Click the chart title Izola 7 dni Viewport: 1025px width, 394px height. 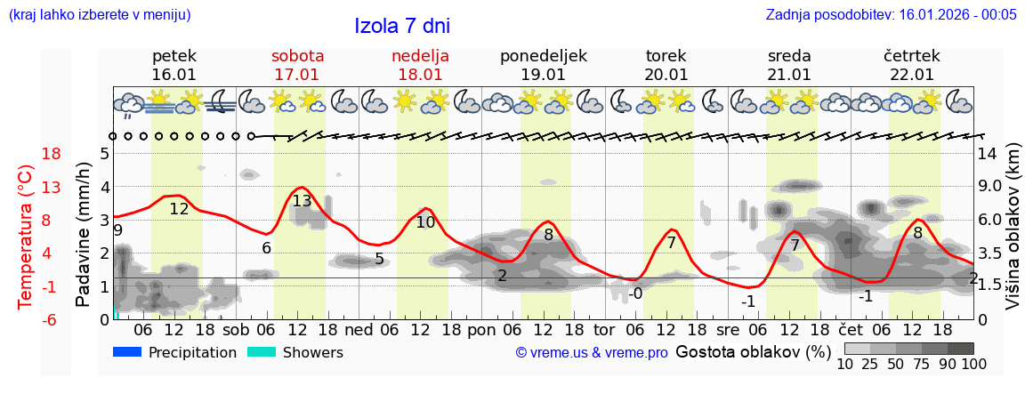click(x=401, y=26)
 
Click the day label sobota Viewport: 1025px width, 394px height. click(x=297, y=56)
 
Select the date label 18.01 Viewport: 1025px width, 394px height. click(x=420, y=75)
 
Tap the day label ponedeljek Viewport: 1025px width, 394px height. click(x=543, y=56)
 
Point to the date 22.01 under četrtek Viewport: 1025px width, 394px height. click(x=912, y=75)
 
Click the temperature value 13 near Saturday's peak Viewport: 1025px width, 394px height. click(x=302, y=201)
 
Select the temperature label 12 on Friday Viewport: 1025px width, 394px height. click(x=179, y=210)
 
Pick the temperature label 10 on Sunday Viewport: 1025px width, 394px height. click(x=425, y=222)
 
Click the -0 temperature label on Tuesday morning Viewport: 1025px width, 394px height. click(x=634, y=294)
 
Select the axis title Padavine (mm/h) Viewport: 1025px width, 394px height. click(x=84, y=235)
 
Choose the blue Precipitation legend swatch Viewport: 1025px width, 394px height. click(x=127, y=352)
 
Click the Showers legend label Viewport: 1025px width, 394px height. click(x=312, y=352)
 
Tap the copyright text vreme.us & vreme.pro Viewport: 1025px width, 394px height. click(x=591, y=353)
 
